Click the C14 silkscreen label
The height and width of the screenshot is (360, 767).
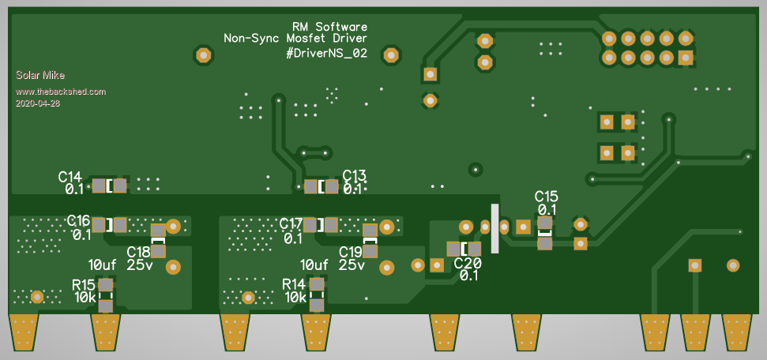pyautogui.click(x=70, y=176)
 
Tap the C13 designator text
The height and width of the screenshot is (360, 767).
pyautogui.click(x=355, y=175)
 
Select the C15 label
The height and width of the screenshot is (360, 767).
pyautogui.click(x=547, y=196)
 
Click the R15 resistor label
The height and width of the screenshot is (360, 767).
pyautogui.click(x=84, y=284)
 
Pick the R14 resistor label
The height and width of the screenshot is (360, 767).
pyautogui.click(x=294, y=284)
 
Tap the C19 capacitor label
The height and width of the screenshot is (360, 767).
pyautogui.click(x=351, y=252)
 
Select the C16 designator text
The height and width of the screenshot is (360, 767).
pyautogui.click(x=79, y=220)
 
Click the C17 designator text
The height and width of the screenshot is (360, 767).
pyautogui.click(x=291, y=223)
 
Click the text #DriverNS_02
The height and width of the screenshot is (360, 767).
pyautogui.click(x=327, y=54)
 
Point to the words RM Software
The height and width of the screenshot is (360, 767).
pyautogui.click(x=329, y=26)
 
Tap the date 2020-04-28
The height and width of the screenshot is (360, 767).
pyautogui.click(x=38, y=103)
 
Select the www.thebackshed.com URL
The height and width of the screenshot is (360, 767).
pyautogui.click(x=60, y=92)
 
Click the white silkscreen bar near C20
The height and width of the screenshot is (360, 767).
pyautogui.click(x=495, y=229)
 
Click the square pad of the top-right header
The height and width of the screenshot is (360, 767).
pyautogui.click(x=685, y=58)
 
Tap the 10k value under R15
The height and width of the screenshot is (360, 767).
pyautogui.click(x=85, y=298)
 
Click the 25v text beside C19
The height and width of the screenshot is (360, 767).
pyautogui.click(x=352, y=265)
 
